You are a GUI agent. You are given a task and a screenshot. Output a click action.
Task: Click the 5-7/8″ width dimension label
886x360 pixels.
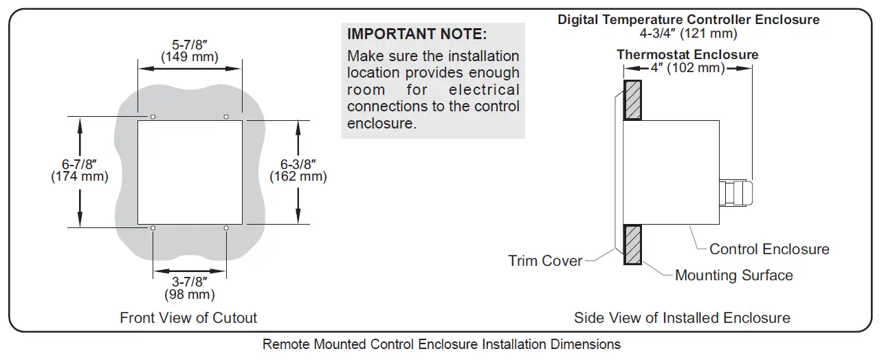coord(190,43)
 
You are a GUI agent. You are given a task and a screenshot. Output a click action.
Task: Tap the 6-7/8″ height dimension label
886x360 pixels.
coord(80,164)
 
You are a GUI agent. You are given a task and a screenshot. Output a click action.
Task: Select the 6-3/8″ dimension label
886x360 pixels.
coord(298,164)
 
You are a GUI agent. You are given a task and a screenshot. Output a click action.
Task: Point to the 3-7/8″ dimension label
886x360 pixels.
coord(190,282)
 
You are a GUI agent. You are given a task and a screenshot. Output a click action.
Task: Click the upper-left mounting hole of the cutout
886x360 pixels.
coord(153,117)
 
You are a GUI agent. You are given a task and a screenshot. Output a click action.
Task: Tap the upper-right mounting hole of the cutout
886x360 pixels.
coord(226,117)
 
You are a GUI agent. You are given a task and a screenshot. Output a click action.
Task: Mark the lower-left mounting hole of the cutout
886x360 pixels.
coord(153,228)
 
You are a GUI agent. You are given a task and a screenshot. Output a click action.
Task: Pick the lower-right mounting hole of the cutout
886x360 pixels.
coord(226,228)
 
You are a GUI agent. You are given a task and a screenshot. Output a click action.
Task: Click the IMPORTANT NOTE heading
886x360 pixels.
coord(417,34)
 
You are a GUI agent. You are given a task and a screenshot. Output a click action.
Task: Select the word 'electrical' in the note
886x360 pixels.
coord(485,90)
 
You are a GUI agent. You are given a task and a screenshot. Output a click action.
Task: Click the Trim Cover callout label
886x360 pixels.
coord(545,261)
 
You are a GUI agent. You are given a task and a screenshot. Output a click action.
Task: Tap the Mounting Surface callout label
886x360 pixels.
coord(733,275)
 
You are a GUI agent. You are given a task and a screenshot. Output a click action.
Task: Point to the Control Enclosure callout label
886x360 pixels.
coord(769,249)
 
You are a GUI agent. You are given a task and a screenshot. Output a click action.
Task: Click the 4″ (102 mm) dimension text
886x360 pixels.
coord(688,68)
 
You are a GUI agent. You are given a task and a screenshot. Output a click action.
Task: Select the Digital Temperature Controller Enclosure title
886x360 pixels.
coord(688,19)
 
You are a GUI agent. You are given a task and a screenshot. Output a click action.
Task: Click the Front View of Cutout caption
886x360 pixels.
coord(188,317)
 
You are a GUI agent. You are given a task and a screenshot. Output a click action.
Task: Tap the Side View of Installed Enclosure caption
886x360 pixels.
coord(682,317)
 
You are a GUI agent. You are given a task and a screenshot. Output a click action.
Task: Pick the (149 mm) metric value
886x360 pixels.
coord(190,56)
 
